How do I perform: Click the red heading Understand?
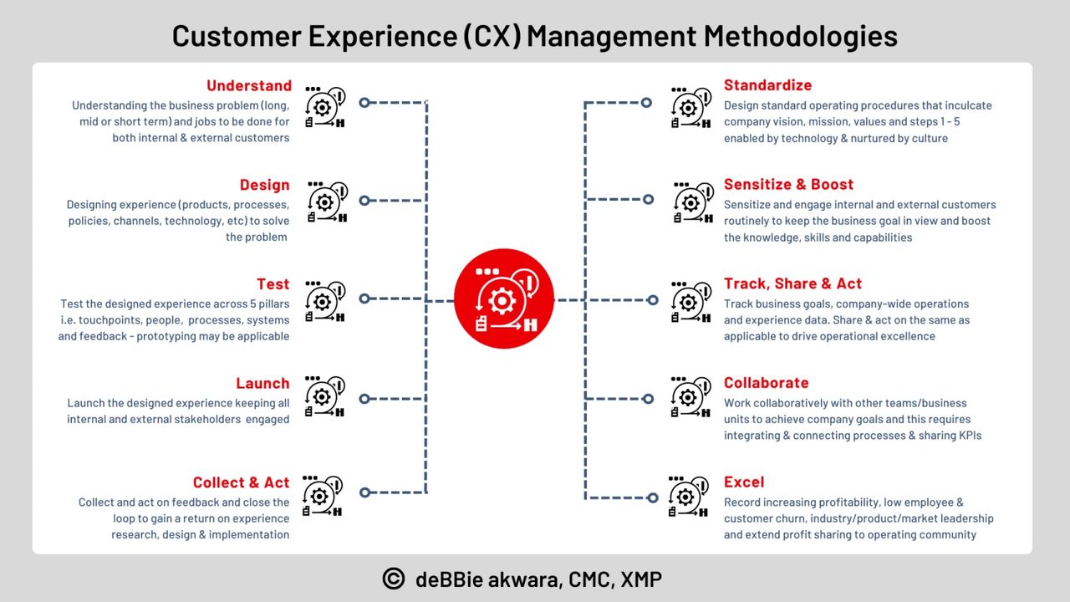click(x=249, y=85)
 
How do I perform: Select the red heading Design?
click(x=265, y=185)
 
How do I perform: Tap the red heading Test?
click(x=273, y=284)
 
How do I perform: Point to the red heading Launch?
click(x=262, y=383)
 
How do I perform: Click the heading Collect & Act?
click(x=242, y=482)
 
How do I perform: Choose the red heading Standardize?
click(x=767, y=85)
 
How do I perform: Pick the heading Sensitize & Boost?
click(x=788, y=185)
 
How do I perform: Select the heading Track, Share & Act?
click(x=793, y=283)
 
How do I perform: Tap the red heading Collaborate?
click(x=767, y=383)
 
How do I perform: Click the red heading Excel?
click(x=744, y=482)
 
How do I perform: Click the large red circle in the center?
click(x=504, y=298)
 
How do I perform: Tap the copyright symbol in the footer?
click(x=394, y=579)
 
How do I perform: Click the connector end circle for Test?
click(x=364, y=298)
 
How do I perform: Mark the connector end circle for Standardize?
click(x=646, y=103)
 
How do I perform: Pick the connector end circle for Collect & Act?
click(x=365, y=492)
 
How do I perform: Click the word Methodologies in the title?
click(x=801, y=36)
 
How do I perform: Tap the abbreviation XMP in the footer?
click(x=641, y=579)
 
